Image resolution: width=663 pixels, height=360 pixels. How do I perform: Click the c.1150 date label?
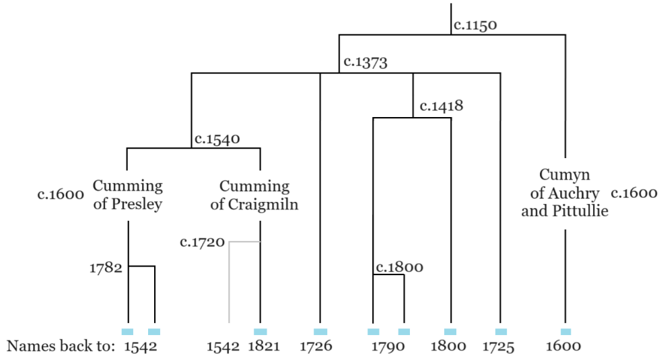click(x=475, y=26)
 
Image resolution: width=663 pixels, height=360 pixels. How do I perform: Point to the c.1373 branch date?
click(x=365, y=63)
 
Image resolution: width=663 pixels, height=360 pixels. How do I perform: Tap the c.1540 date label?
click(x=217, y=140)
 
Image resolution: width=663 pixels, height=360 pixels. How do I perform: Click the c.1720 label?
click(x=202, y=242)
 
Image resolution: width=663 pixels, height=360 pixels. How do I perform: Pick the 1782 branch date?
click(x=106, y=267)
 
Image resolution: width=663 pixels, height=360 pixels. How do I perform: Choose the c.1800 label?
click(x=399, y=267)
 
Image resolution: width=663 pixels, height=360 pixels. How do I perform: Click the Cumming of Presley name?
click(x=127, y=194)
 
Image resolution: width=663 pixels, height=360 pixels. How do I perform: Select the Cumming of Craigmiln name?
click(x=254, y=194)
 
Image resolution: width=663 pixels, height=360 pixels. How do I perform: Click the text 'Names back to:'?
click(x=61, y=347)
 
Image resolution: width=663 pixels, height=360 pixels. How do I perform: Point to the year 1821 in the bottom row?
click(x=264, y=347)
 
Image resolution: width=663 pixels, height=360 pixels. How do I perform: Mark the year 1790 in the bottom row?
click(x=388, y=347)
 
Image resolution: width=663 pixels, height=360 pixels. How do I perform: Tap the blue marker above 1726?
click(x=320, y=331)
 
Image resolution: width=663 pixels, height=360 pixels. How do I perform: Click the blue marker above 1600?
click(x=565, y=331)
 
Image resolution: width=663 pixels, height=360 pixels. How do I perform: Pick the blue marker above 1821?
click(x=260, y=331)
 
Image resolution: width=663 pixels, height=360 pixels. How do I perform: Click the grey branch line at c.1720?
click(x=230, y=283)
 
